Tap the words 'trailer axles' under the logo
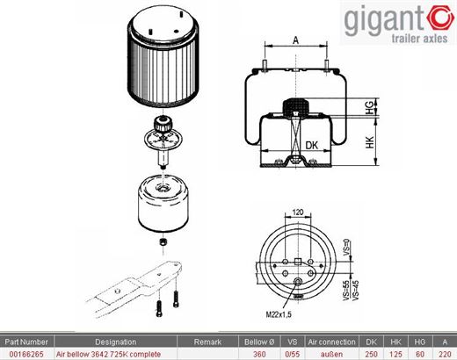pos(419,39)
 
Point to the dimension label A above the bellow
pos(296,40)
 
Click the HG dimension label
pos(370,107)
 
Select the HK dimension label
pos(370,142)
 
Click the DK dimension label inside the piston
pos(311,145)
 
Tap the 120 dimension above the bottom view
pos(298,212)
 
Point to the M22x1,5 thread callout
pos(279,314)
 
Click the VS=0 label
pos(346,248)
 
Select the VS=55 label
pos(346,291)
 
